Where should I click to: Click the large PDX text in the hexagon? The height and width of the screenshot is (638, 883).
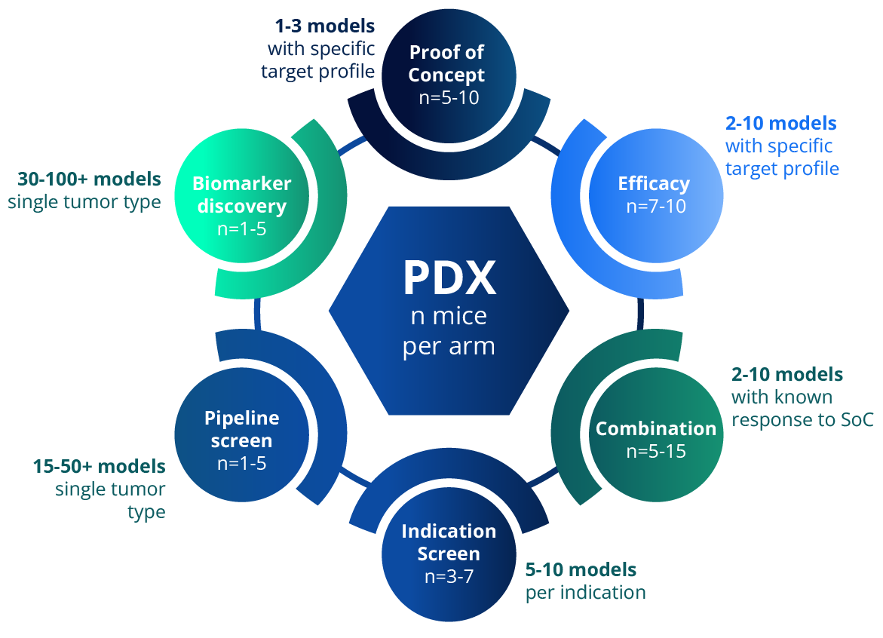point(449,278)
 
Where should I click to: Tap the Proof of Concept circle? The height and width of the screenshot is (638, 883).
point(448,75)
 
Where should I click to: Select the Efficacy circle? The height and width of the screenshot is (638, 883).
point(655,194)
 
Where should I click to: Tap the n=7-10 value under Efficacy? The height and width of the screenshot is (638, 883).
point(656,205)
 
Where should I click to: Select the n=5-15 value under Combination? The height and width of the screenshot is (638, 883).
point(656,452)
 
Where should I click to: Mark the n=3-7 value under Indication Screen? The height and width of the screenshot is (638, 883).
point(449,577)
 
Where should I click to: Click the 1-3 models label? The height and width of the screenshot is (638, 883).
point(325,26)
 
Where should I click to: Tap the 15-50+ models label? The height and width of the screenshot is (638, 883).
point(99,466)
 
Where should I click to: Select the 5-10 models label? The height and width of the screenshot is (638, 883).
point(581,569)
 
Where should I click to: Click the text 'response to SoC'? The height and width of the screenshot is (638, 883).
point(802,420)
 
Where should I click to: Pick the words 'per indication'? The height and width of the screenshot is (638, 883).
point(585,593)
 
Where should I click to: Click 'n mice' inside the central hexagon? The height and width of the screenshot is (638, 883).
point(449,316)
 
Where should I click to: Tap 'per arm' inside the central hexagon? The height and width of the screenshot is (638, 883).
point(449,346)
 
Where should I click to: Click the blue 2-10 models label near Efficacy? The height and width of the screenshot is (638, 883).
point(780,123)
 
